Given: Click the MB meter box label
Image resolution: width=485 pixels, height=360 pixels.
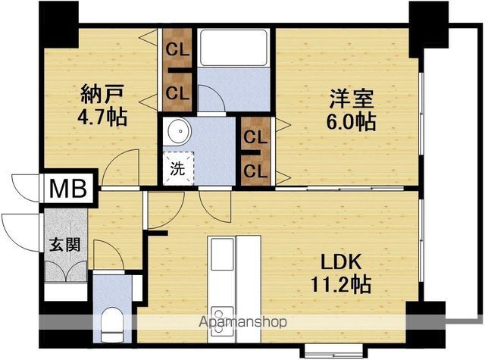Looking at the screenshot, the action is point(68,189).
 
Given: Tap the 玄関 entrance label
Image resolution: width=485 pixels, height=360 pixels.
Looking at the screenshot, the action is point(65,245).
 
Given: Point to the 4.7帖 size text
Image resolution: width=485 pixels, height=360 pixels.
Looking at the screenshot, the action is point(102,117).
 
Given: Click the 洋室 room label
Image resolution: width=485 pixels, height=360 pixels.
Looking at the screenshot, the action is point(351,99).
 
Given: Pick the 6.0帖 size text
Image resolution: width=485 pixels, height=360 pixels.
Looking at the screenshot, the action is point(351,122).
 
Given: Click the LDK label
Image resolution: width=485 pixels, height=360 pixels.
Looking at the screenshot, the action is point(341,262).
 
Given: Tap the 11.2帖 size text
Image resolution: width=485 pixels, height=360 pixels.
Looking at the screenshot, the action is point(340,284).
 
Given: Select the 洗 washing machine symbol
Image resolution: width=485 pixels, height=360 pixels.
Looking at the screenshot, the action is point(178,168).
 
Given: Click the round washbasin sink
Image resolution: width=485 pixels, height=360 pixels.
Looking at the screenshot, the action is point(180,131).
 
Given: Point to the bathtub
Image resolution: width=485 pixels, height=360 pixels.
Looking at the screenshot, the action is point(233,47).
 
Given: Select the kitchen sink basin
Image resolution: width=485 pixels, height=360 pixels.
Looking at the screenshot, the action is point(222,254).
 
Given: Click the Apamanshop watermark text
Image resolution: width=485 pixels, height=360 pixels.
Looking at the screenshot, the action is point(242,322).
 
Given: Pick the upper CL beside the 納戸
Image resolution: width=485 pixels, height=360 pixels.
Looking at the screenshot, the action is point(177,49).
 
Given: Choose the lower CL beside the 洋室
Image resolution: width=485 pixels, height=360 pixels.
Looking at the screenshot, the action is point(255,171).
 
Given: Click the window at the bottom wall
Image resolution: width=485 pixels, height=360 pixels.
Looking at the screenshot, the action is point(334,350).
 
